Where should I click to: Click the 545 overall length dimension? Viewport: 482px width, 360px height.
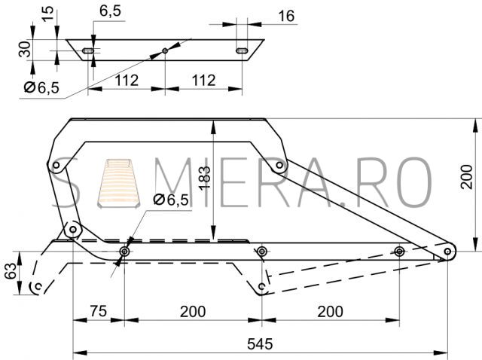260,343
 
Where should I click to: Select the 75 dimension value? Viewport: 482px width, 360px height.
99,311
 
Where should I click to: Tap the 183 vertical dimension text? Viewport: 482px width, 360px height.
204,178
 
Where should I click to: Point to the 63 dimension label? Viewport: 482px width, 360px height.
11,271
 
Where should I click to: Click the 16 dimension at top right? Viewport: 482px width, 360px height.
286,16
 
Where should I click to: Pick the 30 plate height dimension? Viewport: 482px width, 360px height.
25,49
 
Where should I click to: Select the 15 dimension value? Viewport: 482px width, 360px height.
47,14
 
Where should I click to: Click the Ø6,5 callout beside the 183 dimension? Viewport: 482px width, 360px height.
171,200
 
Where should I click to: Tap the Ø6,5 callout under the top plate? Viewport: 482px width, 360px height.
41,87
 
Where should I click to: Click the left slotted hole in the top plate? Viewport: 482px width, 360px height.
88,50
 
